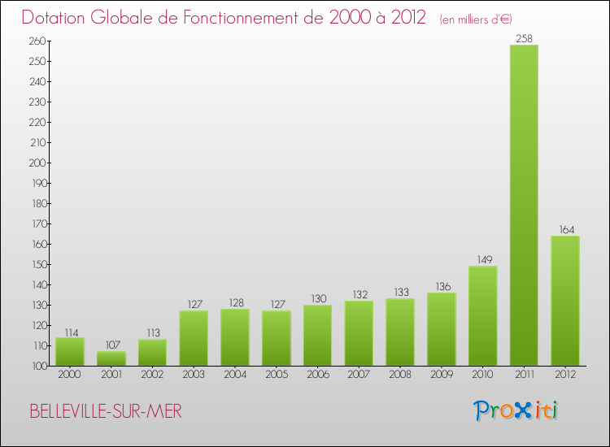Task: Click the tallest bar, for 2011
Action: click(524, 205)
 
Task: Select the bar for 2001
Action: click(111, 358)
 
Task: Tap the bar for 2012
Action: click(565, 301)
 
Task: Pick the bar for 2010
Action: click(482, 315)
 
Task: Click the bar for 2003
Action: click(194, 338)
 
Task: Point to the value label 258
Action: click(524, 37)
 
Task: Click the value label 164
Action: click(565, 229)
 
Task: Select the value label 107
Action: click(111, 345)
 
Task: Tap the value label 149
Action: click(482, 260)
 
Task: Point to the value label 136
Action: click(441, 286)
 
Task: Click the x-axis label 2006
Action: click(317, 375)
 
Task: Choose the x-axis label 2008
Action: click(400, 375)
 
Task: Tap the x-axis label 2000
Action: click(69, 375)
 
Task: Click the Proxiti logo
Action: click(516, 410)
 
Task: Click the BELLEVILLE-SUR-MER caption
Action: click(106, 411)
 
